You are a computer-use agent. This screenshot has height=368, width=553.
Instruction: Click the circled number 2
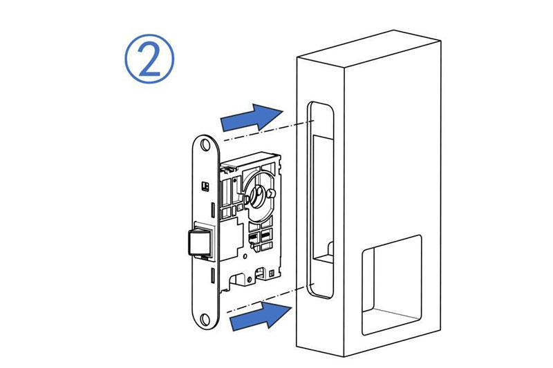point(149,59)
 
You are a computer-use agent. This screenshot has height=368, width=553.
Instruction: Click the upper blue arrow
point(251,117)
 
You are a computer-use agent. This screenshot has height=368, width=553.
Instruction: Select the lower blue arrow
point(261,316)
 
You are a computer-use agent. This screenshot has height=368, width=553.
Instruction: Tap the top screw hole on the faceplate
point(205,145)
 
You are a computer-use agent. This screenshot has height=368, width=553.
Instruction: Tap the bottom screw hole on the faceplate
point(205,319)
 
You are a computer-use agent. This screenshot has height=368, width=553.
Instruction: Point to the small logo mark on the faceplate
point(205,186)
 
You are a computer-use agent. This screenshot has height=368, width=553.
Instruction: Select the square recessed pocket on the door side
point(391,284)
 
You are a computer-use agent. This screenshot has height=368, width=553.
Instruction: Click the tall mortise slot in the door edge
point(321,200)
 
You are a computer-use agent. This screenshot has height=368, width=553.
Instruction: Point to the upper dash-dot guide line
point(268,131)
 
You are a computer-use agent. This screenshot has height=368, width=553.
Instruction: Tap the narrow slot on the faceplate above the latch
point(213,211)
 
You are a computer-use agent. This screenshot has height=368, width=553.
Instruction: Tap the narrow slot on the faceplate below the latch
point(213,275)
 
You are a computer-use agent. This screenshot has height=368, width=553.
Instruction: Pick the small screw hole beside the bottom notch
point(250,280)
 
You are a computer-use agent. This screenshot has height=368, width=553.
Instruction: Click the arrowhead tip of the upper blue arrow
point(283,111)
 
